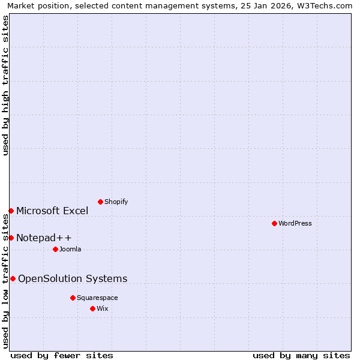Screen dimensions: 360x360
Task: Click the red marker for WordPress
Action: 274,223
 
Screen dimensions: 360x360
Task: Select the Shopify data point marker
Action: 100,202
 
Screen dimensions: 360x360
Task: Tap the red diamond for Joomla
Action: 55,249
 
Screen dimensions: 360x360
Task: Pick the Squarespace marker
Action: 73,298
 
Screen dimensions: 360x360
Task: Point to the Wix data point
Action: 92,308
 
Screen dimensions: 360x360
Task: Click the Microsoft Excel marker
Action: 11,211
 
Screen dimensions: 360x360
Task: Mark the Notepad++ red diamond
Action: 11,238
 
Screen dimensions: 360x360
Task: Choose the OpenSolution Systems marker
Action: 13,278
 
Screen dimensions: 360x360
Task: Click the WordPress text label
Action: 295,223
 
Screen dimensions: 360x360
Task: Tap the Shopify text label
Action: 116,202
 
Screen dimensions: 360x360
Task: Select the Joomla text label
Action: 70,249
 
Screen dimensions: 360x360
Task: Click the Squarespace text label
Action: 97,298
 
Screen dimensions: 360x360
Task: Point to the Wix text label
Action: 103,308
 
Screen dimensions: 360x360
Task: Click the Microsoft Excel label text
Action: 52,211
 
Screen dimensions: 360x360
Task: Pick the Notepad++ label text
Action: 44,238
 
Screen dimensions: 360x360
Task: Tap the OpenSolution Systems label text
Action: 73,278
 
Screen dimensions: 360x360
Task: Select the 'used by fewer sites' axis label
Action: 62,355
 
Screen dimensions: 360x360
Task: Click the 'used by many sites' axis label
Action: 301,355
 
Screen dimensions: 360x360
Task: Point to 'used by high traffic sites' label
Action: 6,85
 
